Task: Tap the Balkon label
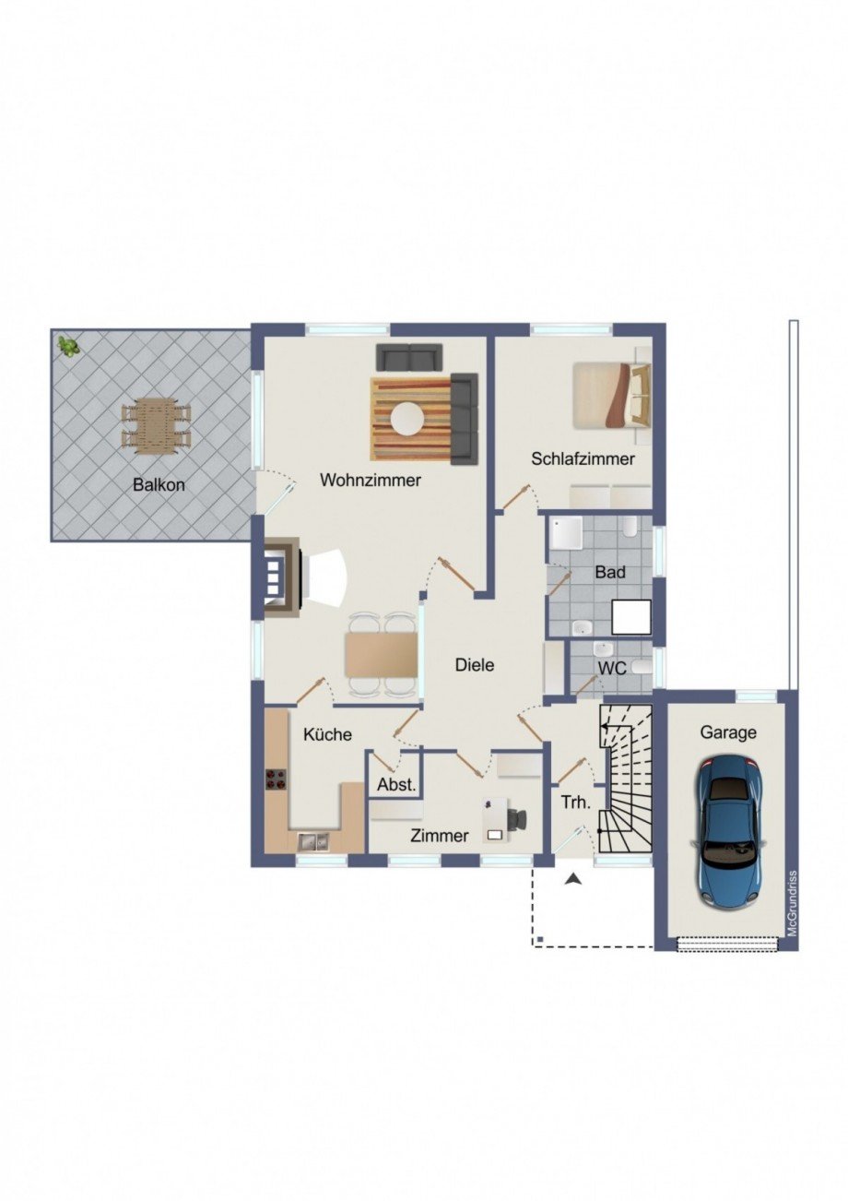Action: click(x=159, y=485)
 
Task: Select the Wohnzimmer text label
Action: click(x=371, y=480)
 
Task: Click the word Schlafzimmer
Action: click(x=583, y=459)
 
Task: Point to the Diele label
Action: click(x=475, y=665)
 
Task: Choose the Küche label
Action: click(x=327, y=734)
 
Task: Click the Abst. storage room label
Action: click(x=396, y=785)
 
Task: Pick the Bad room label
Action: click(x=610, y=572)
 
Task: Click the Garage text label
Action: click(x=728, y=732)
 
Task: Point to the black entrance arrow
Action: click(x=573, y=878)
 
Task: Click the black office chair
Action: click(x=516, y=818)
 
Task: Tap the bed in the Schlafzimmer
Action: click(x=611, y=395)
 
